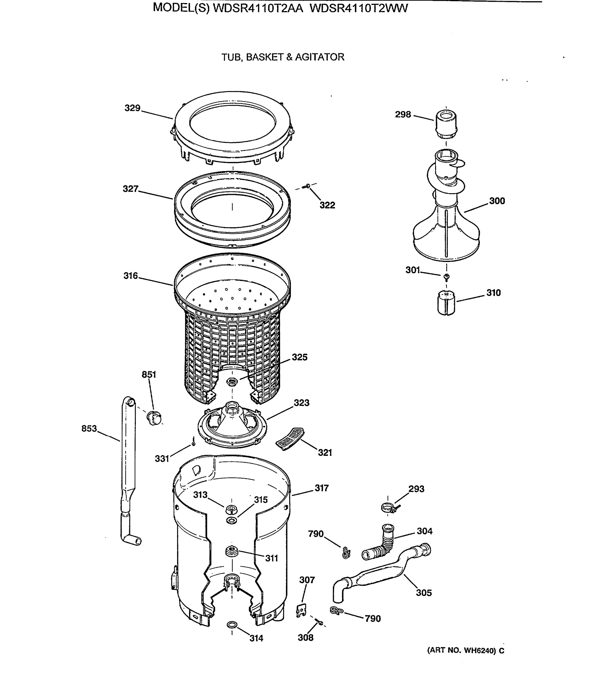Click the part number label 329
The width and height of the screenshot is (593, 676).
click(x=132, y=108)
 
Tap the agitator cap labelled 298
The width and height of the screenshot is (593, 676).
click(x=446, y=125)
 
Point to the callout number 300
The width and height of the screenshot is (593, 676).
click(x=497, y=201)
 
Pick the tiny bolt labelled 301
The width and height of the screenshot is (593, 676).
click(x=447, y=276)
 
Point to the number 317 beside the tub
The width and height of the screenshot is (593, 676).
click(x=321, y=488)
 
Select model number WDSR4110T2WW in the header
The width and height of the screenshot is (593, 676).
click(x=359, y=8)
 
